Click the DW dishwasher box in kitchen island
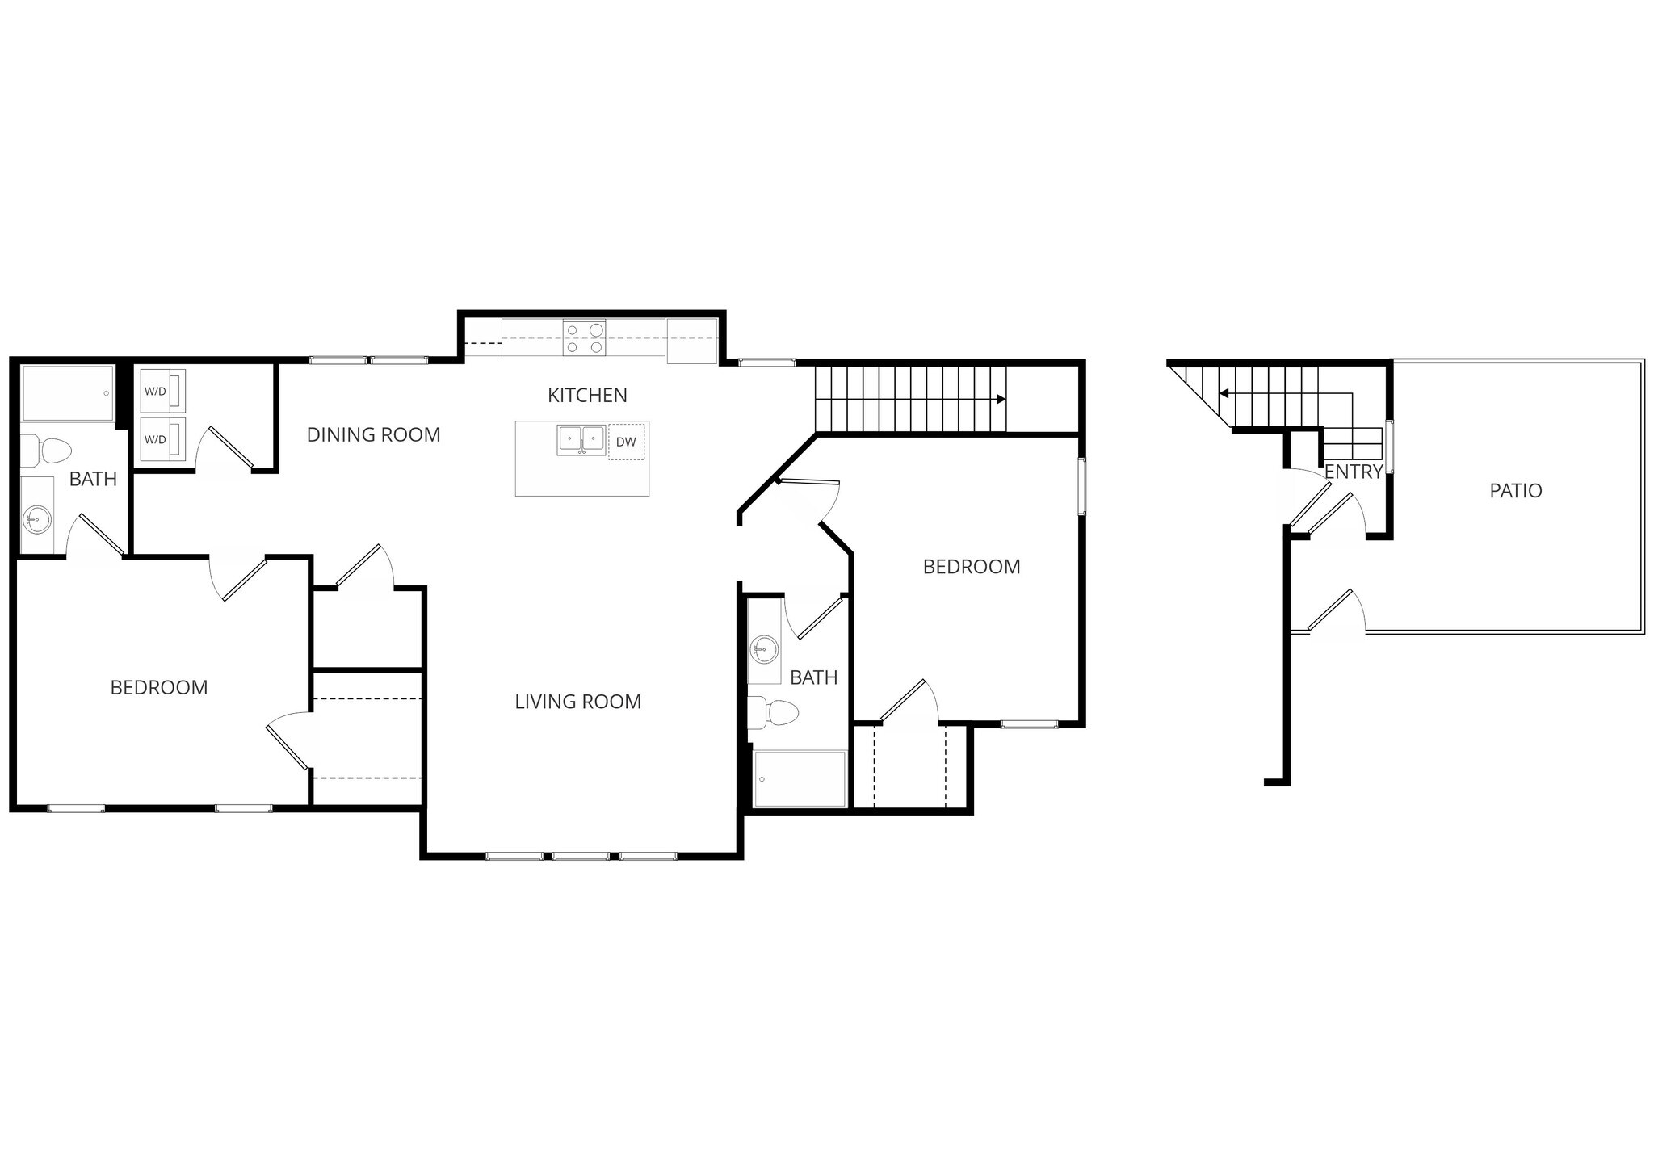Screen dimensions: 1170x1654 (x=626, y=442)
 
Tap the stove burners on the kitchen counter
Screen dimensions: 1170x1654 (x=585, y=338)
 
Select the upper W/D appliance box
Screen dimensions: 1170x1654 (x=162, y=392)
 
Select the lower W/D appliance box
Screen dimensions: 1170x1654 (x=162, y=439)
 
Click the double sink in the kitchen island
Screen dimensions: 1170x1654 (x=581, y=441)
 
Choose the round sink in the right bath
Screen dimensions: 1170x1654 (x=763, y=648)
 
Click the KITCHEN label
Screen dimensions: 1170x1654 (x=587, y=395)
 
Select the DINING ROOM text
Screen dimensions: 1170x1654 (x=373, y=434)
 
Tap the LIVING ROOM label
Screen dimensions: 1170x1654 (x=578, y=702)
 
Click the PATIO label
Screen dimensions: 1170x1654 (x=1515, y=490)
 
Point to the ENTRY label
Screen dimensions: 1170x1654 (x=1354, y=472)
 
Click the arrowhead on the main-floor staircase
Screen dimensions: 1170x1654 (x=1001, y=399)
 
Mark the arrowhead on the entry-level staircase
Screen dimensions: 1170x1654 (x=1224, y=393)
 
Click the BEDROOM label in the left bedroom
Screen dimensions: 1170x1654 (x=159, y=687)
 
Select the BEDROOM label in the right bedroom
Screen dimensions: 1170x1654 (x=972, y=567)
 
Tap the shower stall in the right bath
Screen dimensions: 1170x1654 (x=799, y=778)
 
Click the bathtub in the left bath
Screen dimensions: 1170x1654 (x=68, y=393)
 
